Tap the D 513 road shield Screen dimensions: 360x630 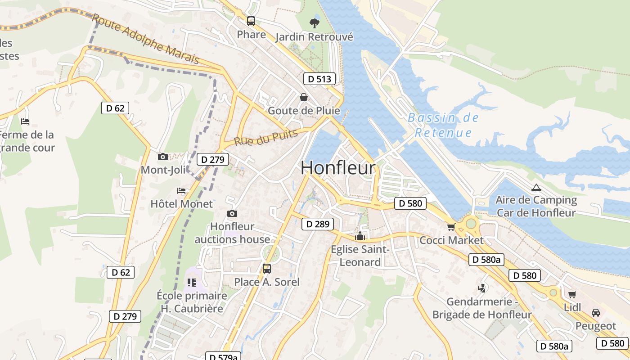[x=319, y=79]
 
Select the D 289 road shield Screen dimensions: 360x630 [x=318, y=224]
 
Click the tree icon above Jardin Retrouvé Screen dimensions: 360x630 [x=314, y=23]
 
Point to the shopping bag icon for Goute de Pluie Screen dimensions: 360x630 [x=304, y=97]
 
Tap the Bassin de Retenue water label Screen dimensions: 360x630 [x=443, y=126]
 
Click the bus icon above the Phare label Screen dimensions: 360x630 [x=251, y=21]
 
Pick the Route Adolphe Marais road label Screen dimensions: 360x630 [x=145, y=39]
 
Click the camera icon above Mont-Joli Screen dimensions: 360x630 [x=163, y=157]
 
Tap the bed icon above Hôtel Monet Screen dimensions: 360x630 [x=181, y=191]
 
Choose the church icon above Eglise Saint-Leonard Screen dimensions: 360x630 [x=360, y=236]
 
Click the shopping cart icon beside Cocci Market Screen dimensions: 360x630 [x=451, y=227]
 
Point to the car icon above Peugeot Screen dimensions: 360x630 [x=596, y=312]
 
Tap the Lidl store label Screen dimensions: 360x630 [x=572, y=307]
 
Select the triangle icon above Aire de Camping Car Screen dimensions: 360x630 [x=535, y=187]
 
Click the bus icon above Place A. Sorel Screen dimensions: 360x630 [x=267, y=269]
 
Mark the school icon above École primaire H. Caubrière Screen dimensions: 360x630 [x=191, y=283]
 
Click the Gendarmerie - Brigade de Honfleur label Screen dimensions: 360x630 [x=482, y=308]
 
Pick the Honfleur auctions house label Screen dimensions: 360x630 [x=232, y=233]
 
